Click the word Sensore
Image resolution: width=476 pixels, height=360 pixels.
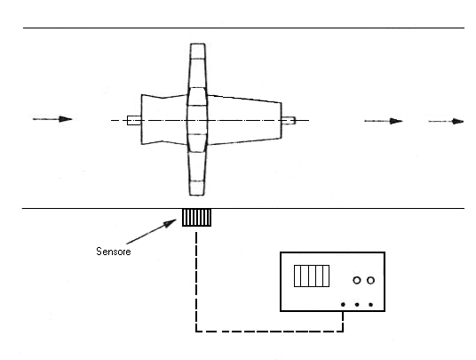[114, 252]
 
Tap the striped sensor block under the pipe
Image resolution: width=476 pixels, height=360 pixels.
[196, 218]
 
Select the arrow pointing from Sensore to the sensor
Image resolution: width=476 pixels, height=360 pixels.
[151, 231]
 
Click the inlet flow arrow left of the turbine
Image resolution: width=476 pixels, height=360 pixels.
[52, 119]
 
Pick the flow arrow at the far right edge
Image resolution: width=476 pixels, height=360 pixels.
[446, 121]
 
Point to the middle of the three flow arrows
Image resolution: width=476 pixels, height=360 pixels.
[384, 121]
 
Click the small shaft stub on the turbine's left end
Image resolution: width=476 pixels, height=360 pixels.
[134, 120]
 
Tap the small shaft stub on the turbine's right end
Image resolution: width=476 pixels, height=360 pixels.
[289, 120]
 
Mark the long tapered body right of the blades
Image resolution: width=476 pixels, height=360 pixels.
[245, 120]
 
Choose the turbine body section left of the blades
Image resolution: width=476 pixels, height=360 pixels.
[164, 119]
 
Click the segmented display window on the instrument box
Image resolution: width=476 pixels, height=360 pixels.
[312, 276]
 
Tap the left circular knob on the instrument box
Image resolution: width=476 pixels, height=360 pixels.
[357, 280]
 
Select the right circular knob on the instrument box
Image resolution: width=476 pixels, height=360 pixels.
[370, 280]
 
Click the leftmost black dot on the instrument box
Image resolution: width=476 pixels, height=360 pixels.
[343, 304]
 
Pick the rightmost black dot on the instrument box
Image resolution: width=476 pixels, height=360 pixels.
[370, 304]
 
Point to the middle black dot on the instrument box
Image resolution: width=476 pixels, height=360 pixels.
[357, 304]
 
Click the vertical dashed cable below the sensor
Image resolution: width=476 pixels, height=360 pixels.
[196, 281]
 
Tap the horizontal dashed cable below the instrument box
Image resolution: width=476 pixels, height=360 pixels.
[270, 331]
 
